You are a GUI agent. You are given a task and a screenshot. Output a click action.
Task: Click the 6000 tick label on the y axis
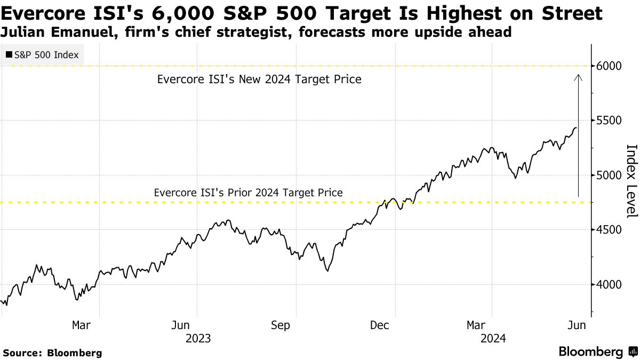point(610,66)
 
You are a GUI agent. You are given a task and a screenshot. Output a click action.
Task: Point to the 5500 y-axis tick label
point(610,121)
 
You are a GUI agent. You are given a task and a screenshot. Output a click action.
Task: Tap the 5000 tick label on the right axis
point(610,175)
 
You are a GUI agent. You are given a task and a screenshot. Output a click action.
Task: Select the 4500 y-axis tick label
point(610,230)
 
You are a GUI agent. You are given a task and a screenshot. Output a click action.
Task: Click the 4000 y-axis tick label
point(610,284)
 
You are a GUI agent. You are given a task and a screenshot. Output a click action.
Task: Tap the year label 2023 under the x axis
point(198,339)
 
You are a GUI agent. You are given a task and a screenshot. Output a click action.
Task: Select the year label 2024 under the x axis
point(493,339)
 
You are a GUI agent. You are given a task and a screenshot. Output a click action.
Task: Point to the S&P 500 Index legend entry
point(42,55)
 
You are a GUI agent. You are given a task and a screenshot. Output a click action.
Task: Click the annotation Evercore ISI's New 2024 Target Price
point(259,79)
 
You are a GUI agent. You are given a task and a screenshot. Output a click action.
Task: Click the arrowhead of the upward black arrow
point(578,78)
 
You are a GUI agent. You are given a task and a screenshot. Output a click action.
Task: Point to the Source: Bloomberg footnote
point(52,353)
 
